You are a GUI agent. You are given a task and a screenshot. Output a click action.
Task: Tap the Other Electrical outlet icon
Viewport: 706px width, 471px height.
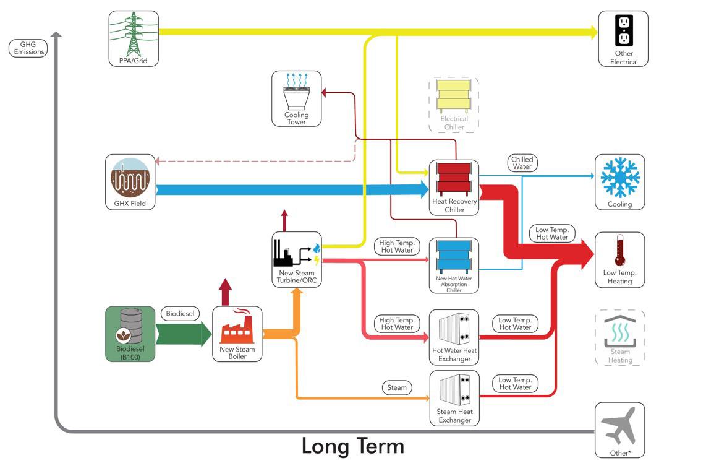coord(623,31)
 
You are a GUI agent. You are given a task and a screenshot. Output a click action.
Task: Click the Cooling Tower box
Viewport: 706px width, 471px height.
coord(297,99)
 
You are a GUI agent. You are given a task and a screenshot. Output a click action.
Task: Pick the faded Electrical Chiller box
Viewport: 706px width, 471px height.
coord(454,105)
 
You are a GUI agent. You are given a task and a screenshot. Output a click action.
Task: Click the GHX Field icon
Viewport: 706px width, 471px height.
coord(130,177)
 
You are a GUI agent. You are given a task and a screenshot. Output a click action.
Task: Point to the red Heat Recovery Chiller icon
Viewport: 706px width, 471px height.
coord(454,179)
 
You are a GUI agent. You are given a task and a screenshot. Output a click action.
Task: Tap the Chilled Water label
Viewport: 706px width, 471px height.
coord(522,163)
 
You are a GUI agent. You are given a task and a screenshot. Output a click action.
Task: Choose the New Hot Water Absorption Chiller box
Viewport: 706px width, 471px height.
coord(454,266)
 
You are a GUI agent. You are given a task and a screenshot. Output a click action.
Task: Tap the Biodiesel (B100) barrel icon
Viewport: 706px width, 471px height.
coord(130,328)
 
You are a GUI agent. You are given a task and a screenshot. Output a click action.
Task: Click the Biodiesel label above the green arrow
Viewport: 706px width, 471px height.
coord(180,314)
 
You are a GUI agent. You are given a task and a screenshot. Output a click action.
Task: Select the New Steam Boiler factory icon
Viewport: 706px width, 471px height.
coord(237,327)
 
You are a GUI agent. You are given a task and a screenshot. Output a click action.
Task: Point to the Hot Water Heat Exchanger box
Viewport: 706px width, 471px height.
coord(454,337)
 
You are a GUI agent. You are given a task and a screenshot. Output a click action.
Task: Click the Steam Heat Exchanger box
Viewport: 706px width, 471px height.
coord(454,398)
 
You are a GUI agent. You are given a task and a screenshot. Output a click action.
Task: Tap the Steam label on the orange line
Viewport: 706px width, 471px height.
coord(397,387)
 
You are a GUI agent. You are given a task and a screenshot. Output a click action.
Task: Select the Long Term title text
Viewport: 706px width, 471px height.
coord(352,446)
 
